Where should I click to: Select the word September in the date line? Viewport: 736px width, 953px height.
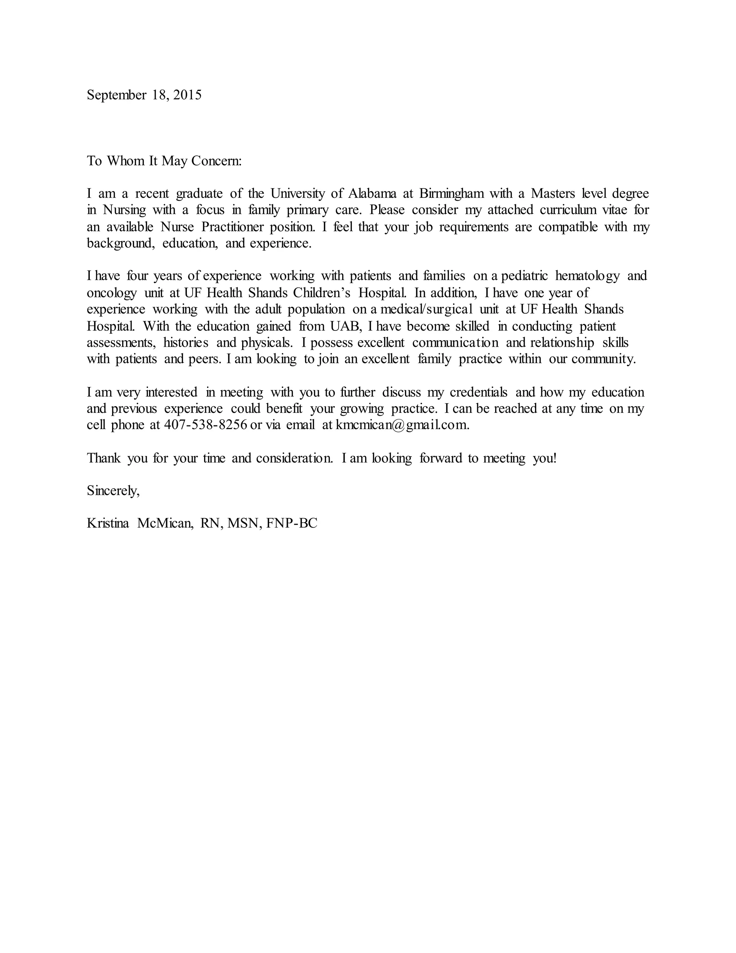pyautogui.click(x=116, y=95)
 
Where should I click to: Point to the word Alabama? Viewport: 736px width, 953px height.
pyautogui.click(x=372, y=193)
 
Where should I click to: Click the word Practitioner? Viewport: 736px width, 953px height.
pyautogui.click(x=233, y=227)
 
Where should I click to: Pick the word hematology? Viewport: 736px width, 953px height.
pyautogui.click(x=587, y=276)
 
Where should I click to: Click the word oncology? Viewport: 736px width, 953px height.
pyautogui.click(x=112, y=293)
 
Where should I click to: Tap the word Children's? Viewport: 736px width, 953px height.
pyautogui.click(x=321, y=292)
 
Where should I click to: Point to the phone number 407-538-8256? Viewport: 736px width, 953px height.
pyautogui.click(x=205, y=425)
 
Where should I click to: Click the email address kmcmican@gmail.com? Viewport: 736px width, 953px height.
pyautogui.click(x=402, y=425)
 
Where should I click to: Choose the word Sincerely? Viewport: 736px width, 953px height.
pyautogui.click(x=113, y=491)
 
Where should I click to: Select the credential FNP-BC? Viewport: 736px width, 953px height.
pyautogui.click(x=292, y=523)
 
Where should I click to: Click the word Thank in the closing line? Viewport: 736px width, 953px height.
pyautogui.click(x=104, y=458)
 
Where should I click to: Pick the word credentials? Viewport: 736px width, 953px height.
pyautogui.click(x=478, y=392)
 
